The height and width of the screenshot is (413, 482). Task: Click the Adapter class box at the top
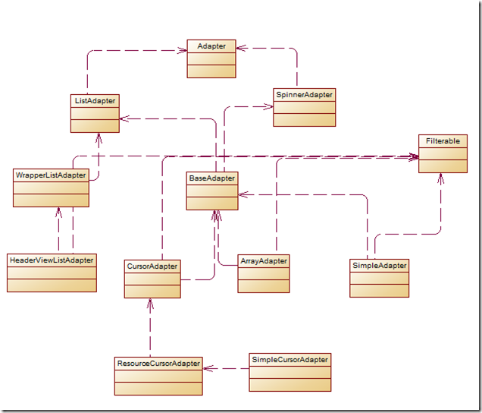click(x=211, y=59)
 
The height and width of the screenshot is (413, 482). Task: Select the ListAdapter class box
click(x=95, y=112)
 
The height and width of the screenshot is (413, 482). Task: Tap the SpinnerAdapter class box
click(x=304, y=107)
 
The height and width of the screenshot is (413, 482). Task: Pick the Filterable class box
click(x=442, y=153)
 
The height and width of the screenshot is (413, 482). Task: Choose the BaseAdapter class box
click(x=212, y=191)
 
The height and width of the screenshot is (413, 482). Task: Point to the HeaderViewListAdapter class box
click(x=52, y=273)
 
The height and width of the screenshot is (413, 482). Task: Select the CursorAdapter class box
click(x=153, y=278)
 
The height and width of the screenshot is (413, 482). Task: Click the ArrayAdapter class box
click(x=263, y=273)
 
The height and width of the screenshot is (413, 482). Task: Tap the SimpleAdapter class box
click(x=380, y=278)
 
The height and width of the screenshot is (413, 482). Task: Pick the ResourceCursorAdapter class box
click(x=158, y=375)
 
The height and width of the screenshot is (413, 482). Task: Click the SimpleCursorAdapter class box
click(x=290, y=371)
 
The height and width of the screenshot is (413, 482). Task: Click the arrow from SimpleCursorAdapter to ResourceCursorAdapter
click(x=226, y=368)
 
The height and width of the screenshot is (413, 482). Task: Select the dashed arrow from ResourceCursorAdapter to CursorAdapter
click(x=150, y=326)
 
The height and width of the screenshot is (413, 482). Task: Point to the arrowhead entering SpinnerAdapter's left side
click(x=269, y=107)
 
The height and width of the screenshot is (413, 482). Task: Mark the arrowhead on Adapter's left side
click(x=183, y=51)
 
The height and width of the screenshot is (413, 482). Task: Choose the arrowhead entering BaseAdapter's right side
click(x=242, y=194)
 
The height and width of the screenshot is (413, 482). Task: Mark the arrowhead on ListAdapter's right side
click(x=124, y=118)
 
